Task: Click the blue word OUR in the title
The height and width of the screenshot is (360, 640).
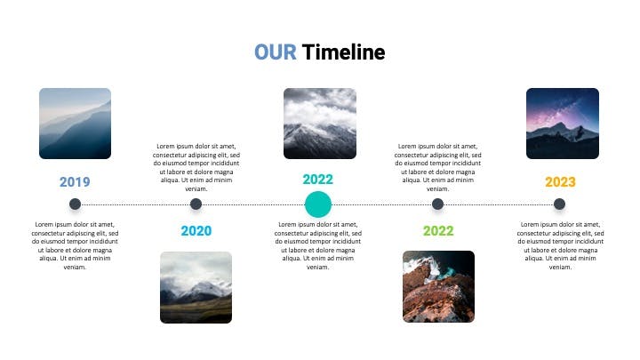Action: [276, 52]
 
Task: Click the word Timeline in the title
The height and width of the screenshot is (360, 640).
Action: [344, 52]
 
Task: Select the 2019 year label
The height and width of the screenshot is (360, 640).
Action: [75, 181]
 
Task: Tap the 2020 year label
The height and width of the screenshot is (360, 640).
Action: [196, 230]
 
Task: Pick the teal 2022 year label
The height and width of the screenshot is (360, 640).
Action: [318, 180]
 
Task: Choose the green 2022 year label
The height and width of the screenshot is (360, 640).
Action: [438, 230]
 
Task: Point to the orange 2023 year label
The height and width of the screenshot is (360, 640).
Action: [560, 181]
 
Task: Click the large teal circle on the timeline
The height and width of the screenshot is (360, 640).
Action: [318, 204]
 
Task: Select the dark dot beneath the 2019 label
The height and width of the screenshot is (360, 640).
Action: [75, 204]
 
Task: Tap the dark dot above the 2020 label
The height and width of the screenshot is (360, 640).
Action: [196, 204]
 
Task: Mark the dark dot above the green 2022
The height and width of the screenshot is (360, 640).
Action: [437, 204]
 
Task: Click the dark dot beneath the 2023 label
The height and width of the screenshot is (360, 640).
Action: [560, 204]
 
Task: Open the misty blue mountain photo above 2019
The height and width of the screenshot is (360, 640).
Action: [75, 124]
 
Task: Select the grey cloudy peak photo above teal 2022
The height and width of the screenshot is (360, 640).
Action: [320, 124]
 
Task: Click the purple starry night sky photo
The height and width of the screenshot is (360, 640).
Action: [563, 124]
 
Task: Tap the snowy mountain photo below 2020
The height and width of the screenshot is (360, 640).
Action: [196, 287]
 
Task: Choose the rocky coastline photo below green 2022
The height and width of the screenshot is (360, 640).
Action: [438, 286]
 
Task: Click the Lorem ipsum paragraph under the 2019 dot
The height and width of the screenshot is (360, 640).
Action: [75, 245]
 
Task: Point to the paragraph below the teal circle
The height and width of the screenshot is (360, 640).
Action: [318, 245]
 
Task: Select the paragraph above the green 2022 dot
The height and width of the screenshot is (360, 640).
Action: [438, 167]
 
